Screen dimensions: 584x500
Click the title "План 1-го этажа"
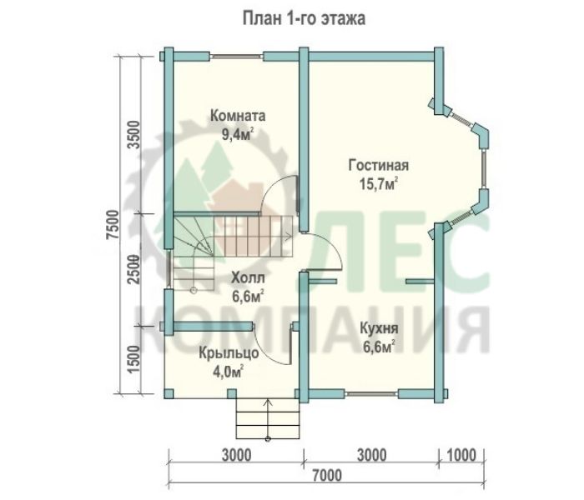click(x=304, y=18)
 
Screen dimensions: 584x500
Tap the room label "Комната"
click(x=238, y=116)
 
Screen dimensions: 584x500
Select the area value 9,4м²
click(x=238, y=134)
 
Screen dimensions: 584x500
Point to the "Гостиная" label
click(x=379, y=165)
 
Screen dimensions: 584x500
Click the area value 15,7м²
click(x=379, y=183)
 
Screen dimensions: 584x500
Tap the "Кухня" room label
click(x=379, y=328)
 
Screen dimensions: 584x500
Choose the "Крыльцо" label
click(x=229, y=353)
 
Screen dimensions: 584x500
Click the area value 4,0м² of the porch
click(x=229, y=372)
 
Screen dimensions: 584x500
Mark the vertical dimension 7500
click(x=113, y=225)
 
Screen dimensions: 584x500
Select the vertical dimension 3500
click(x=133, y=135)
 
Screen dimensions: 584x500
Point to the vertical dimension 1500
click(x=133, y=360)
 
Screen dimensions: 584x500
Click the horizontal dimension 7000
click(x=327, y=476)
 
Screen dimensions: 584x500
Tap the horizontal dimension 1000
click(x=461, y=455)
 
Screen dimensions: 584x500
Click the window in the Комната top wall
click(x=236, y=57)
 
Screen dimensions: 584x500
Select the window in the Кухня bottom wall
click(x=371, y=392)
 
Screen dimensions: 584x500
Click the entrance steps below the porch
click(x=268, y=419)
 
